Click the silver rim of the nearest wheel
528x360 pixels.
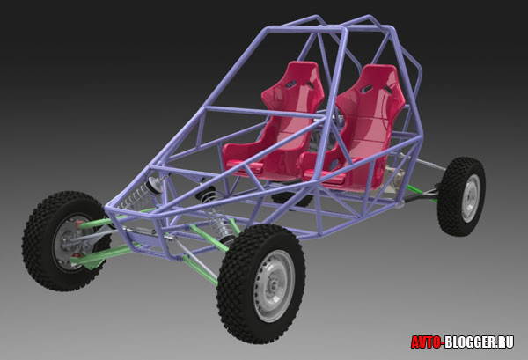click(274, 285)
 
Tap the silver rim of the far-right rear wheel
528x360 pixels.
click(471, 198)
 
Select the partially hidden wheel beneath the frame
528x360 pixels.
click(292, 199)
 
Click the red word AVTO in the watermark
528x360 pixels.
click(426, 342)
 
